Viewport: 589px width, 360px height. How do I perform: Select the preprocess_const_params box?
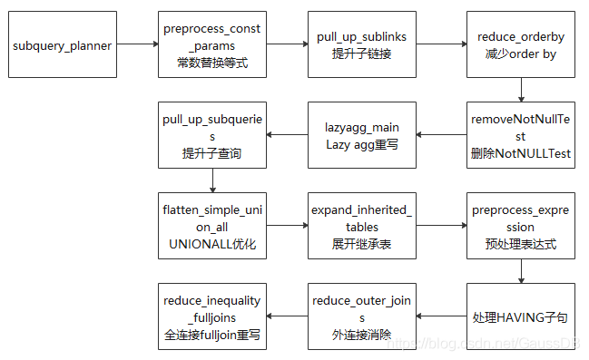[212, 44]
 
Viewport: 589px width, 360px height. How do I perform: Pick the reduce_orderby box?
[521, 44]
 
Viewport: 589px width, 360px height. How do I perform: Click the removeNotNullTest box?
[521, 135]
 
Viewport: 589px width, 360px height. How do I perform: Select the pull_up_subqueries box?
[212, 135]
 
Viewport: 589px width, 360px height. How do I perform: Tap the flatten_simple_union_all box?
[212, 226]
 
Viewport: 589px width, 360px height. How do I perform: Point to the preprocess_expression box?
[521, 226]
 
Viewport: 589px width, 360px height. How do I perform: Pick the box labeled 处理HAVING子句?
[521, 316]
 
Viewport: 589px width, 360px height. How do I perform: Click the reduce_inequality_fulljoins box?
[212, 316]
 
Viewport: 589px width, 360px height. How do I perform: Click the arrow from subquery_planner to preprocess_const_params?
[136, 44]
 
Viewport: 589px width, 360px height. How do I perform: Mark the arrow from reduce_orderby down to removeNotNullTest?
[521, 90]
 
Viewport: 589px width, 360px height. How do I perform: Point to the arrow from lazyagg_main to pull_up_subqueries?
[287, 135]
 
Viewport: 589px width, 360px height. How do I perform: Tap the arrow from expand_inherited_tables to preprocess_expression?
[442, 226]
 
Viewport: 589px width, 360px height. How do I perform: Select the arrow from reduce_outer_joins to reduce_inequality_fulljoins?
[287, 316]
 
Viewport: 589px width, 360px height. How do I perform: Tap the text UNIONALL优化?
[212, 246]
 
